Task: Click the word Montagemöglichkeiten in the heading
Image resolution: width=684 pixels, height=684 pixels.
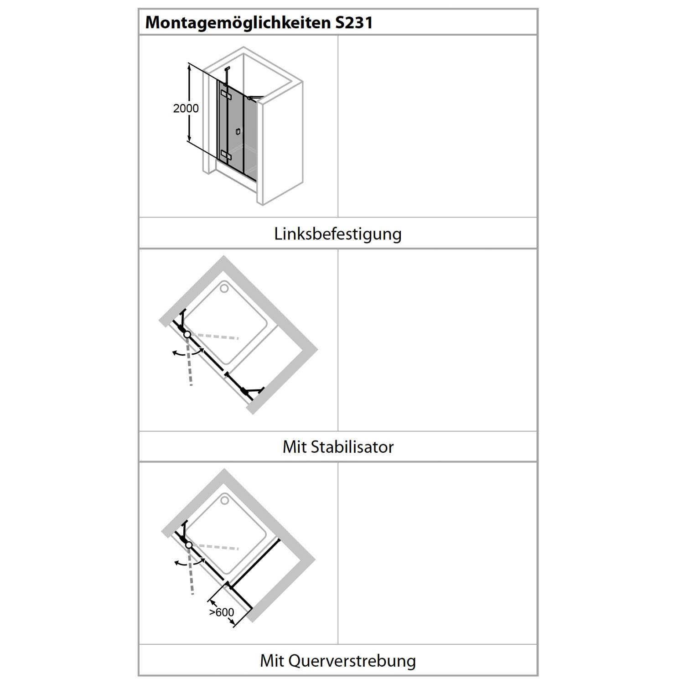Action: (x=238, y=22)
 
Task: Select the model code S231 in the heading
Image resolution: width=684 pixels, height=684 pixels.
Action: (x=354, y=22)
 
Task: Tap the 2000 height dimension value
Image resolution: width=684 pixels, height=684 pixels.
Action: (x=186, y=109)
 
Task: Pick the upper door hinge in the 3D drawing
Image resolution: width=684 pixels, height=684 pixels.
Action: (x=226, y=94)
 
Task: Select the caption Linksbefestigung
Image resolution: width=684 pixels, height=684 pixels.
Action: (x=338, y=234)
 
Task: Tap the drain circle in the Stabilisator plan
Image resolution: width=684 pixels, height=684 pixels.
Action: (x=224, y=289)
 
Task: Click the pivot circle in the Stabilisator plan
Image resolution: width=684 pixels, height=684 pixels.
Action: (x=187, y=334)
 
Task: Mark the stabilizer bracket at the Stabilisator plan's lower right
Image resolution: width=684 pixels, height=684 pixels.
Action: (x=252, y=391)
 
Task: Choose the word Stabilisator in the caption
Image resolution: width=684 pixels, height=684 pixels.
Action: (x=352, y=447)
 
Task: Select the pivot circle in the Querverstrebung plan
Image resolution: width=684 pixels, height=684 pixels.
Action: (x=188, y=545)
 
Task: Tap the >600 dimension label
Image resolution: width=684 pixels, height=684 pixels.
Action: (x=222, y=612)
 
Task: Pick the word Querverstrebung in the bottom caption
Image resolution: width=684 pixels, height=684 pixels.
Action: (x=352, y=661)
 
